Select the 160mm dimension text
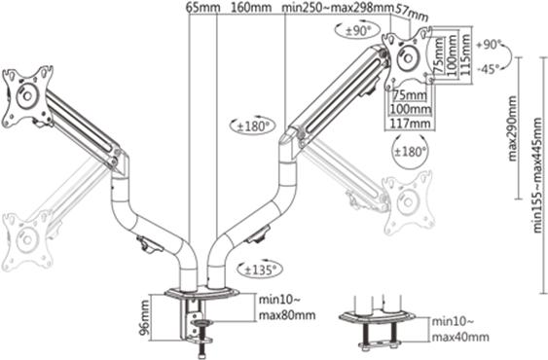coord(252,8)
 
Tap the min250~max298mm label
coord(337,8)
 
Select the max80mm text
coord(288,315)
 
